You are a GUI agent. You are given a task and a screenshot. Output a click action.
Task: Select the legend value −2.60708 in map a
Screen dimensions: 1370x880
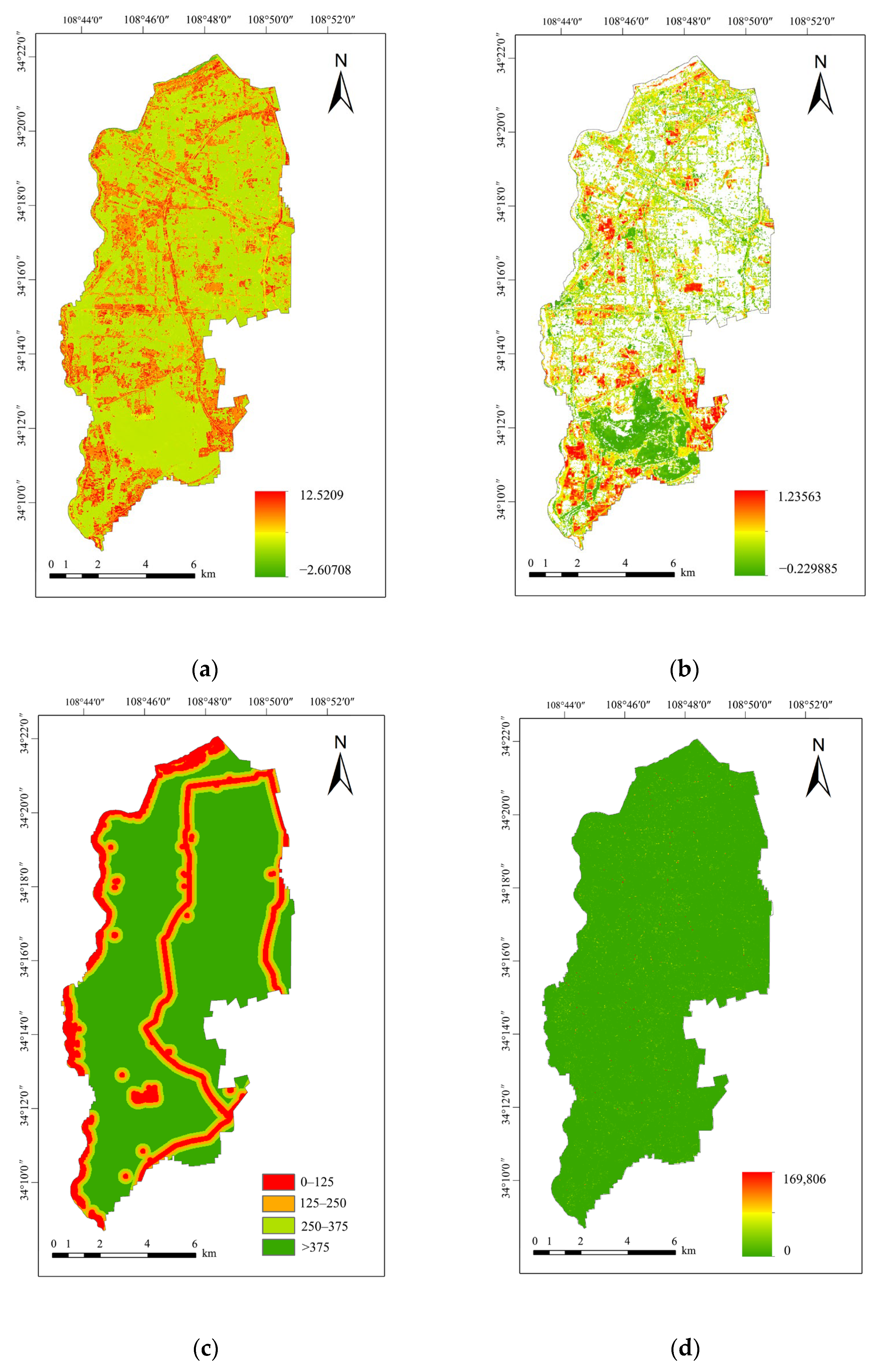[x=325, y=570]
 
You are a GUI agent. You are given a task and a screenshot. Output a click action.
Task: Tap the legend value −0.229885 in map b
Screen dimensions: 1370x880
[x=808, y=569]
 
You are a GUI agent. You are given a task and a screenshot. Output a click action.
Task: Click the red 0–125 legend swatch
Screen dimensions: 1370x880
[x=278, y=1182]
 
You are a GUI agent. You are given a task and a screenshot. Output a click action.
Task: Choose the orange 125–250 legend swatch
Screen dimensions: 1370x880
[x=278, y=1203]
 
